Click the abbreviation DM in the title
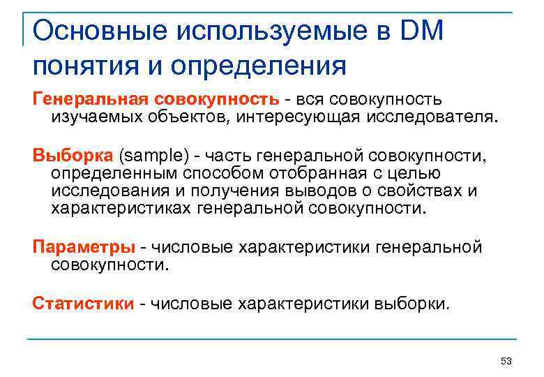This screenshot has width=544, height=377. coord(421,31)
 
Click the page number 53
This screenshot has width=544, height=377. coord(506,361)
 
